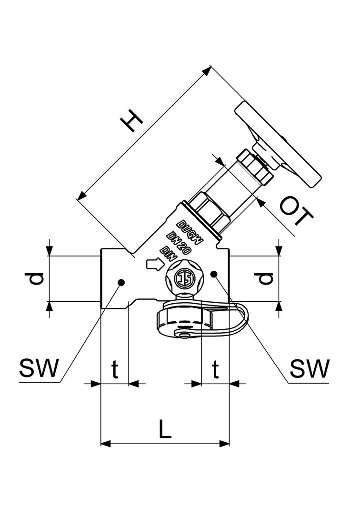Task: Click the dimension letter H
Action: point(132,121)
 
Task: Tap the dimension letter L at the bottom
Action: point(165,430)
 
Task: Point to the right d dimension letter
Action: point(265,278)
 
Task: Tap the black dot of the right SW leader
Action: point(214,274)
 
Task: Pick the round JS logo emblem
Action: point(184,277)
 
